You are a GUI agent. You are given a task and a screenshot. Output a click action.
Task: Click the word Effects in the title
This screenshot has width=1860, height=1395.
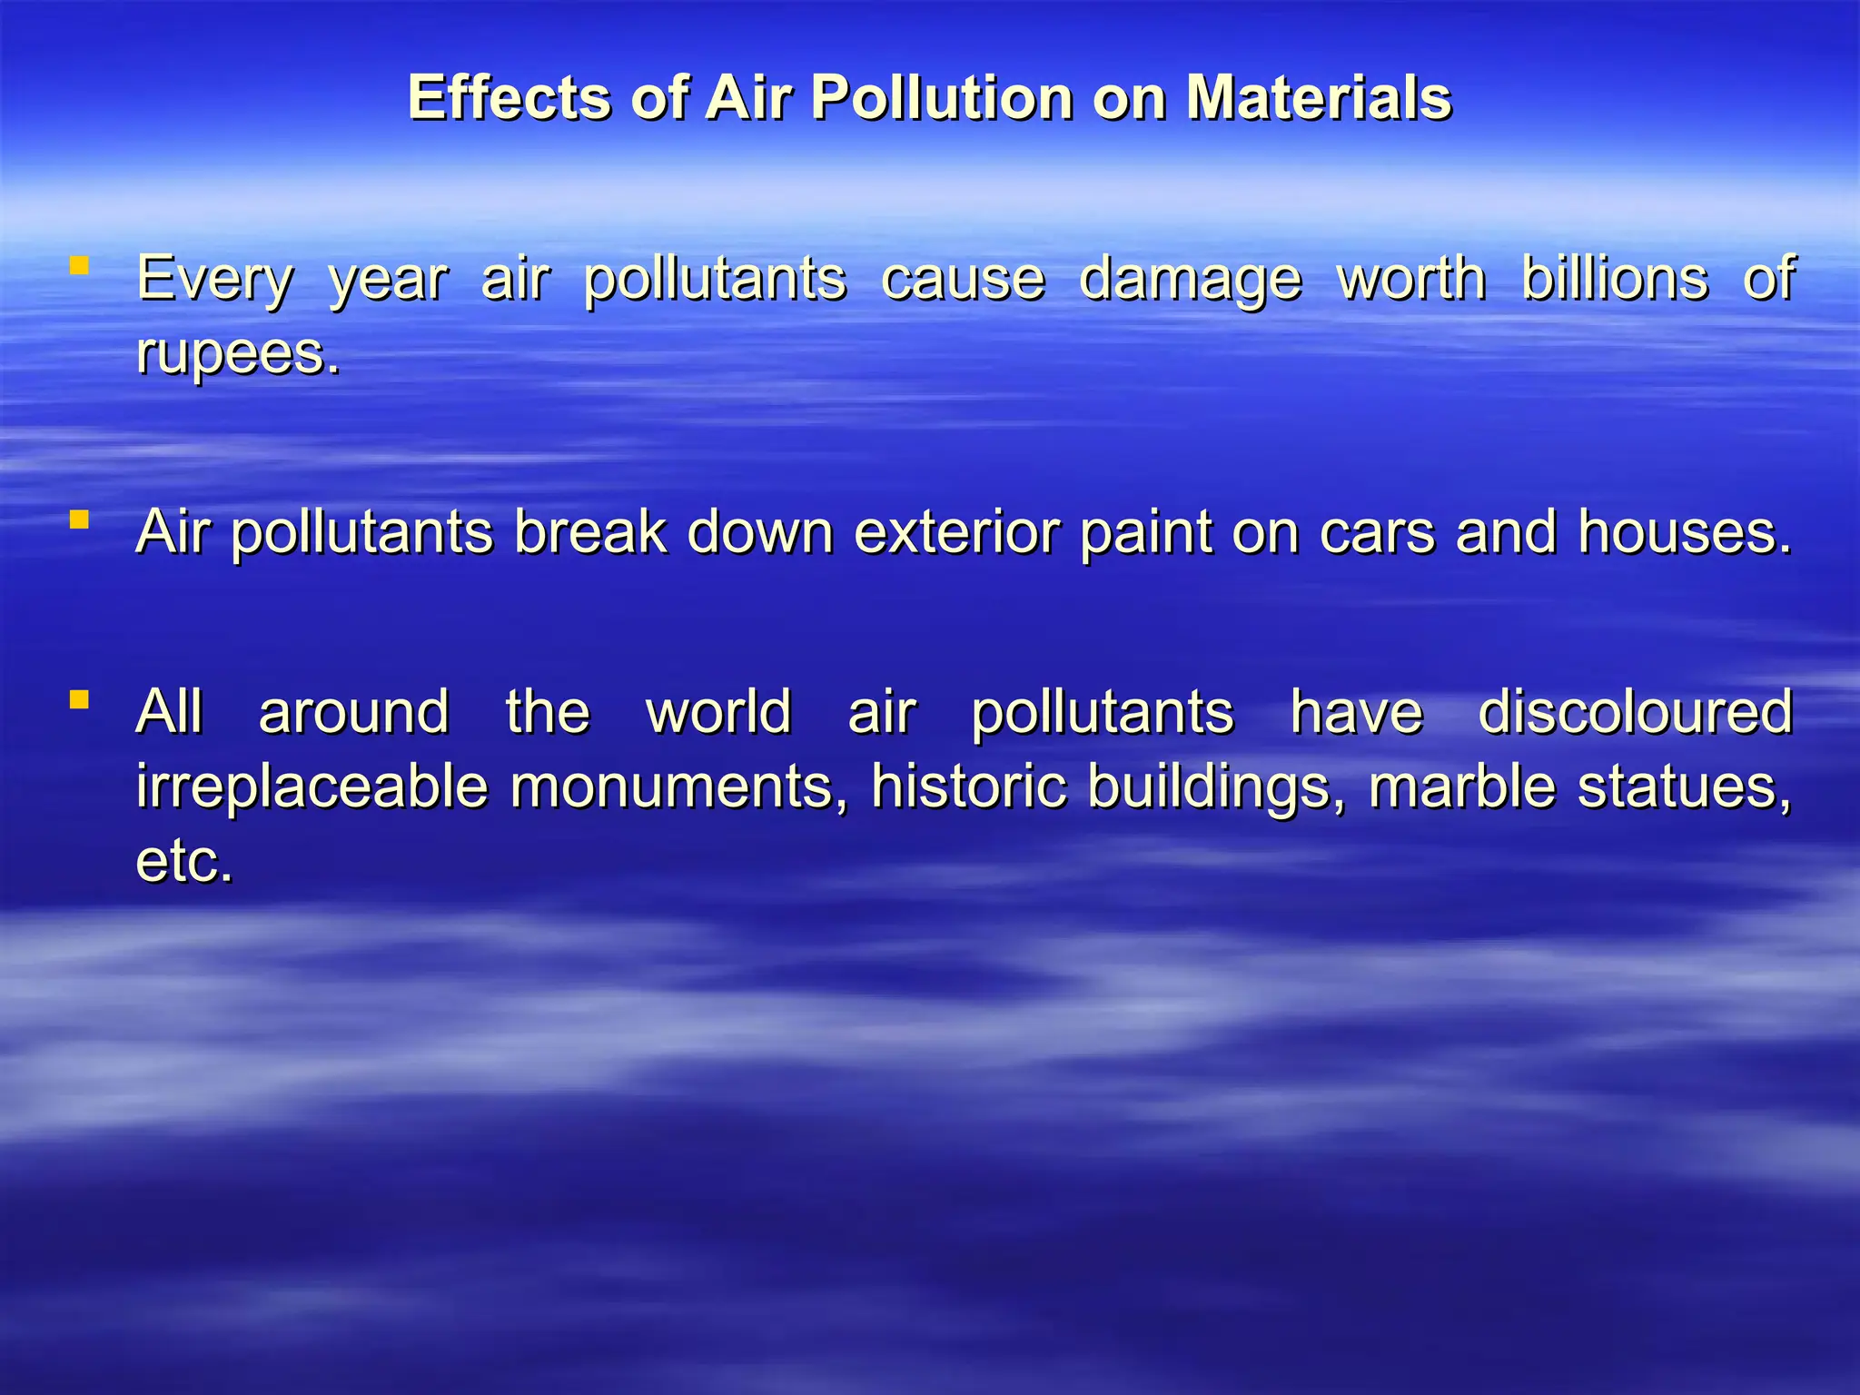(x=509, y=97)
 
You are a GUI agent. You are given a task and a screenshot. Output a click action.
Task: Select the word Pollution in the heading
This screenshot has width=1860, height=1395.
(x=943, y=97)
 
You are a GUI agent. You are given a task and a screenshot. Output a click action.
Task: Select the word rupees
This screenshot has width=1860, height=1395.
(x=238, y=353)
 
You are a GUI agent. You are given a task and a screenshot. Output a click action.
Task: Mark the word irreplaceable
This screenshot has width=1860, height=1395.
(x=312, y=786)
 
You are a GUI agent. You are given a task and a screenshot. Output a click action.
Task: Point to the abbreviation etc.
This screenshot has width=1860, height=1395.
(x=184, y=860)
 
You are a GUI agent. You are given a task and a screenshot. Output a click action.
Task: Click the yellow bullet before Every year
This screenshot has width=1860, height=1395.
(x=79, y=265)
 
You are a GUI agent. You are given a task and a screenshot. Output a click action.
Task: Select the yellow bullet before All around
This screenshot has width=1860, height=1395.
(x=79, y=699)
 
